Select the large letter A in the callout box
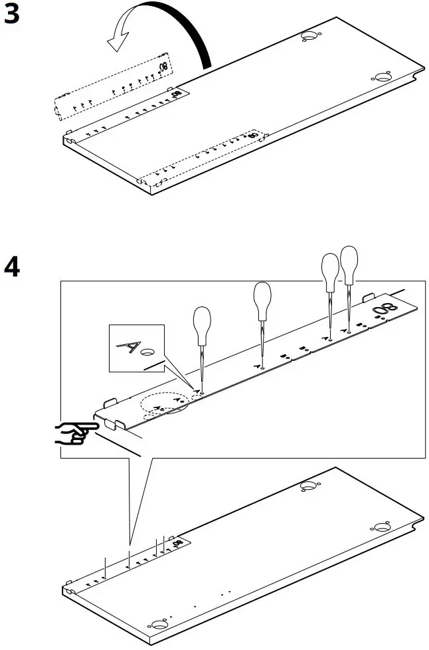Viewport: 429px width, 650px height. tap(128, 346)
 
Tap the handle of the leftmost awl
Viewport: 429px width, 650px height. tap(203, 324)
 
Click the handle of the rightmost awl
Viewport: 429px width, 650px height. tap(349, 263)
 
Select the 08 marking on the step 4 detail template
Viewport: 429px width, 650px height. tap(383, 310)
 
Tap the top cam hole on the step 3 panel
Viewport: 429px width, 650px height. tap(309, 35)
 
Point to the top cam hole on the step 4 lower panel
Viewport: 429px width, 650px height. tap(308, 486)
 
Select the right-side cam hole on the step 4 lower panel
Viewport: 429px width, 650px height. tap(381, 527)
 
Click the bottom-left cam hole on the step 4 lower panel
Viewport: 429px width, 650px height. tap(159, 624)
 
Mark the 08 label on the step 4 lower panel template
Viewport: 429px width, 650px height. tap(176, 544)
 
